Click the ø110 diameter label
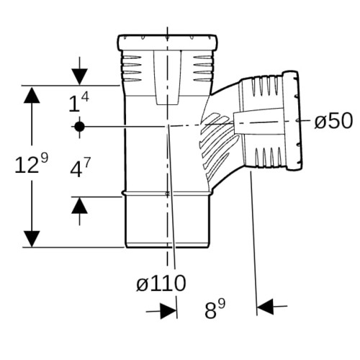tap(161, 283)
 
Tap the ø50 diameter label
tap(333, 120)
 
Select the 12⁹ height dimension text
tap(32, 163)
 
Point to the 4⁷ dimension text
tap(81, 168)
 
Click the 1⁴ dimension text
tap(78, 102)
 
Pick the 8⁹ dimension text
tap(215, 309)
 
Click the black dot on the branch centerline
tap(79, 127)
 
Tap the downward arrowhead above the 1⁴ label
tap(79, 77)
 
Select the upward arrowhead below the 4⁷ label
tap(79, 205)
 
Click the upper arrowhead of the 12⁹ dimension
tap(32, 95)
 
